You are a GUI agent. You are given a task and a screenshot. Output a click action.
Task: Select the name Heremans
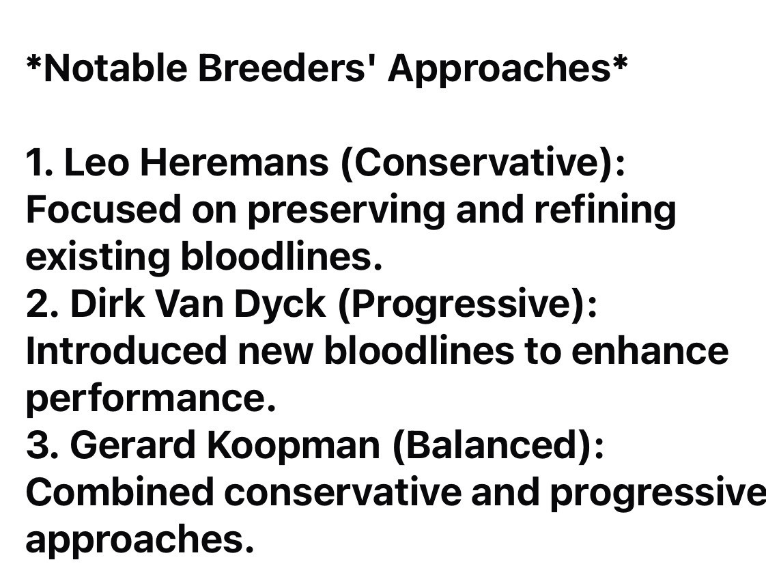coord(234,163)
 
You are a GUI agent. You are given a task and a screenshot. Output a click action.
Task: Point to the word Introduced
coord(126,350)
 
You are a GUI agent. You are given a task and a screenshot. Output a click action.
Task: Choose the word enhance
coord(650,350)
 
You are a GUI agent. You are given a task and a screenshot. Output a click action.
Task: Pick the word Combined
coord(119,492)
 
